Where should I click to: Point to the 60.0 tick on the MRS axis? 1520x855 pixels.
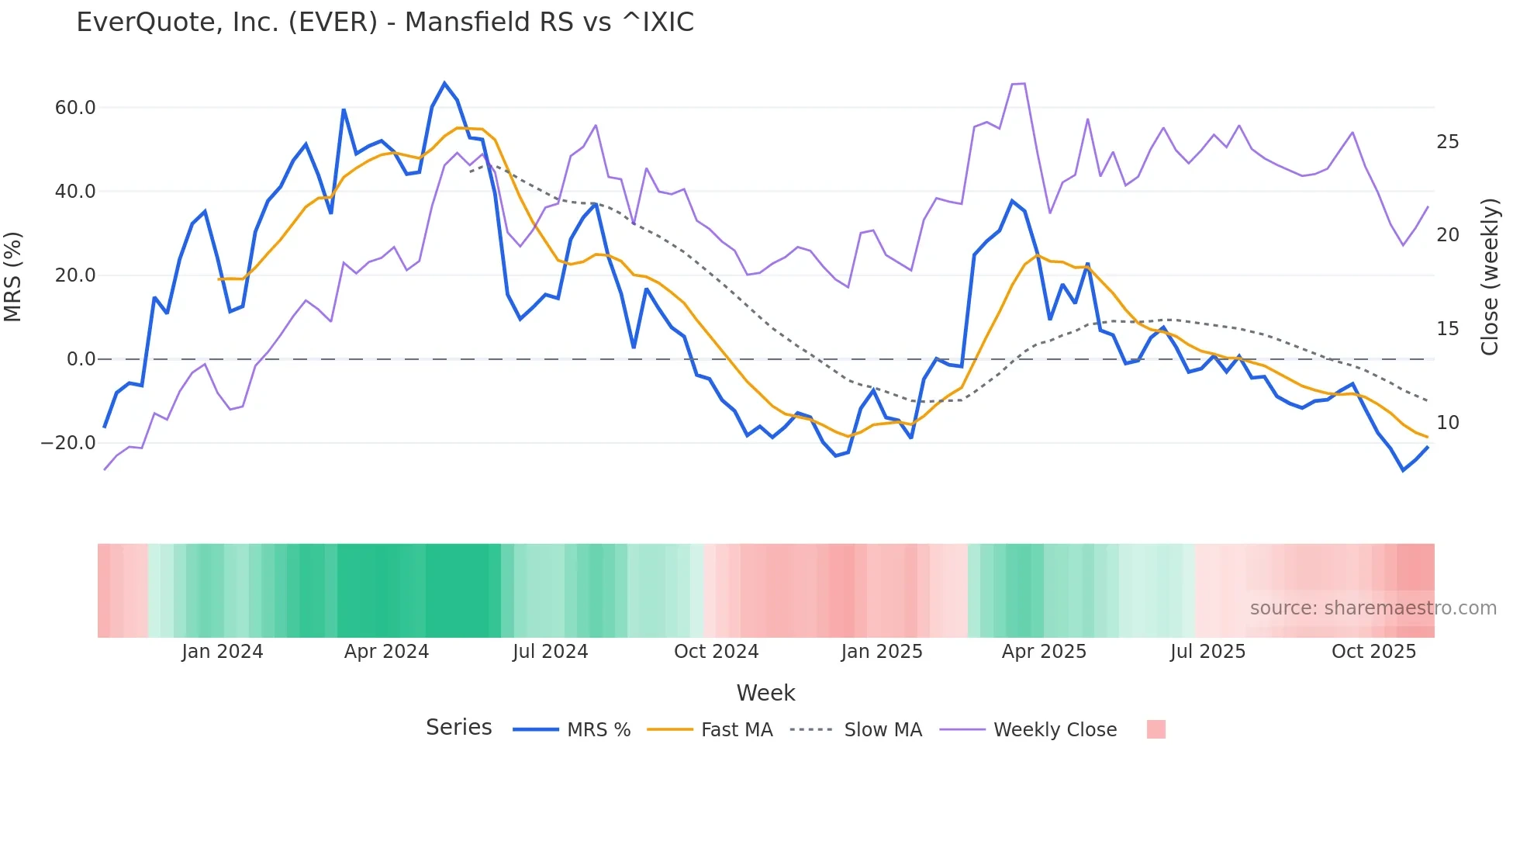[75, 108]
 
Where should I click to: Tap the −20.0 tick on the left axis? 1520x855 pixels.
[68, 443]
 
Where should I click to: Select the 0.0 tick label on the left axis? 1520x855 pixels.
[81, 359]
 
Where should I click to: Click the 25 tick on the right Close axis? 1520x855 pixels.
[1447, 142]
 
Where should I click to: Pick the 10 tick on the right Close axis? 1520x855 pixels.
[1447, 423]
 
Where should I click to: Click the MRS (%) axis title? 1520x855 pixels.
[13, 276]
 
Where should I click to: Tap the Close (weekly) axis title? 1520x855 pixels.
[1489, 277]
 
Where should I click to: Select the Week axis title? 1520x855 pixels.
[765, 693]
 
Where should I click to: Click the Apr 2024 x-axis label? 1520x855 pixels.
[386, 652]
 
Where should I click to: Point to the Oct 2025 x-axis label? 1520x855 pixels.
[1373, 652]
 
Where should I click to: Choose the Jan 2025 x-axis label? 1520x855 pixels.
[882, 652]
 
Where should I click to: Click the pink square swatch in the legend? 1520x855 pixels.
[1156, 729]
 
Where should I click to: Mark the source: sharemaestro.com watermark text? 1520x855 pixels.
[1373, 608]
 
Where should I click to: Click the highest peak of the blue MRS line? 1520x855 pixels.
[444, 83]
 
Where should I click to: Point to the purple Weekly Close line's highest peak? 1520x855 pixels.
[1024, 83]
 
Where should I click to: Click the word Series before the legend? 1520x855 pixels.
[458, 728]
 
